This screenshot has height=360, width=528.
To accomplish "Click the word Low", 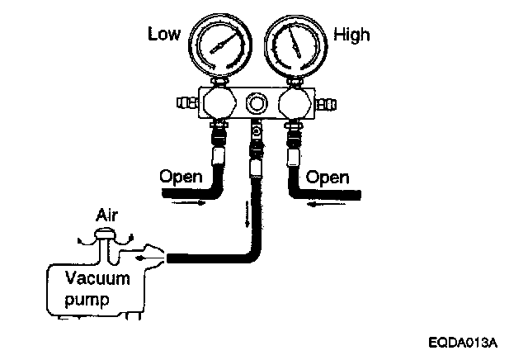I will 163,34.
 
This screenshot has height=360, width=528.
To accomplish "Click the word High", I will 351,35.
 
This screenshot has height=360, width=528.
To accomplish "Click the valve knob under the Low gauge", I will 217,105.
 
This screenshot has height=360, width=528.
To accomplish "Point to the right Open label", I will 328,178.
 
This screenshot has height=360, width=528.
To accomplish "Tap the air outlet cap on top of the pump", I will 106,236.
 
